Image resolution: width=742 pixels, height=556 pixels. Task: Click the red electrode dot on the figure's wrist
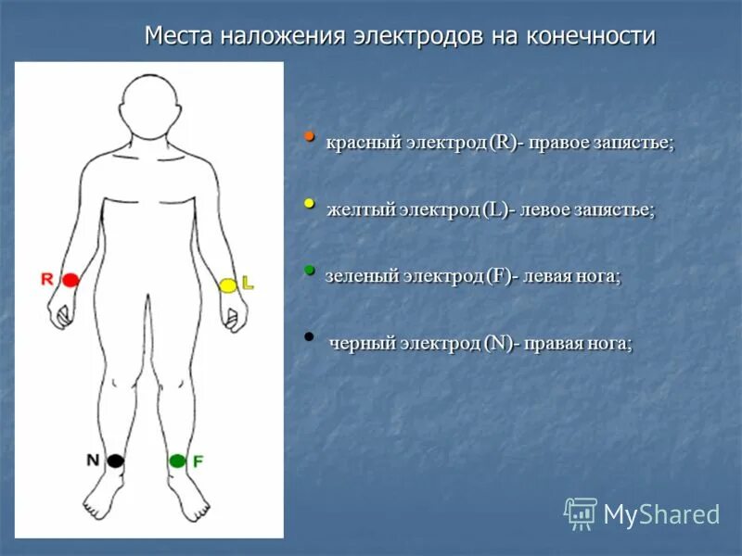coord(70,279)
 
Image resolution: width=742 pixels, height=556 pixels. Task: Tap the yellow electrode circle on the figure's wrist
coord(228,285)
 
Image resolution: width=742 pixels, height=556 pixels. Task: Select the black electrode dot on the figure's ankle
coord(114,461)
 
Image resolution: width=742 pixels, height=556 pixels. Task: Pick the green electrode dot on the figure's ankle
coord(177,461)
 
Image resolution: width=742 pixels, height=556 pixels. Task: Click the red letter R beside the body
coord(47,278)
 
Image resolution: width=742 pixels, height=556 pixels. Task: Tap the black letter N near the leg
coord(93,460)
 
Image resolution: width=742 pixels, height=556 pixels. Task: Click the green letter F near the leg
coord(198,461)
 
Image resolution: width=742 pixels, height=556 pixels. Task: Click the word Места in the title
coord(178,36)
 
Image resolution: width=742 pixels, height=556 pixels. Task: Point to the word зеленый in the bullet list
coord(363,275)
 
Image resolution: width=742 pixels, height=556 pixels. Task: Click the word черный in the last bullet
coord(363,343)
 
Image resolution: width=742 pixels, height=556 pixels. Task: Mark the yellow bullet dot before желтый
coord(310,202)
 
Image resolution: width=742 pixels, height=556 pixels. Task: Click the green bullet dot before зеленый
coord(310,269)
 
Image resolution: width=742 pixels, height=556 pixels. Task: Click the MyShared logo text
coord(661,514)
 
